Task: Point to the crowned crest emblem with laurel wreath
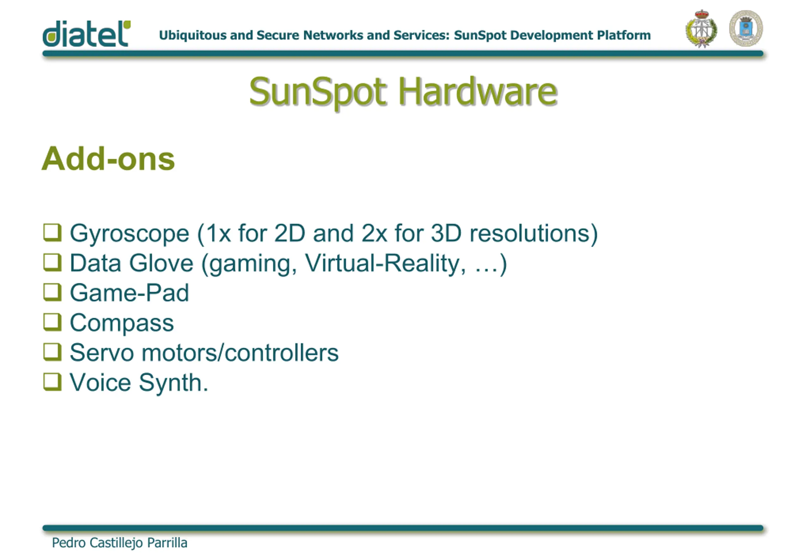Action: [701, 28]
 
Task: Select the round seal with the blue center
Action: [746, 28]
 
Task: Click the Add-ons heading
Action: [108, 159]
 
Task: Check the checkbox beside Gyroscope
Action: [52, 233]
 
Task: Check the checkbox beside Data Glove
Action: [52, 262]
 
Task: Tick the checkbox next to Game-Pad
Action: [52, 292]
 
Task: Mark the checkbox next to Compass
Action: [52, 322]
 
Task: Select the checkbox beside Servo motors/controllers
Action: [52, 352]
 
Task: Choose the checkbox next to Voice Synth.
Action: [52, 382]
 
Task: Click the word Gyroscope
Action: [130, 234]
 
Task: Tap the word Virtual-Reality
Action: [385, 264]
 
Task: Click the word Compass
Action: [121, 324]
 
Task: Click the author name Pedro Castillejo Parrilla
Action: [119, 543]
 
